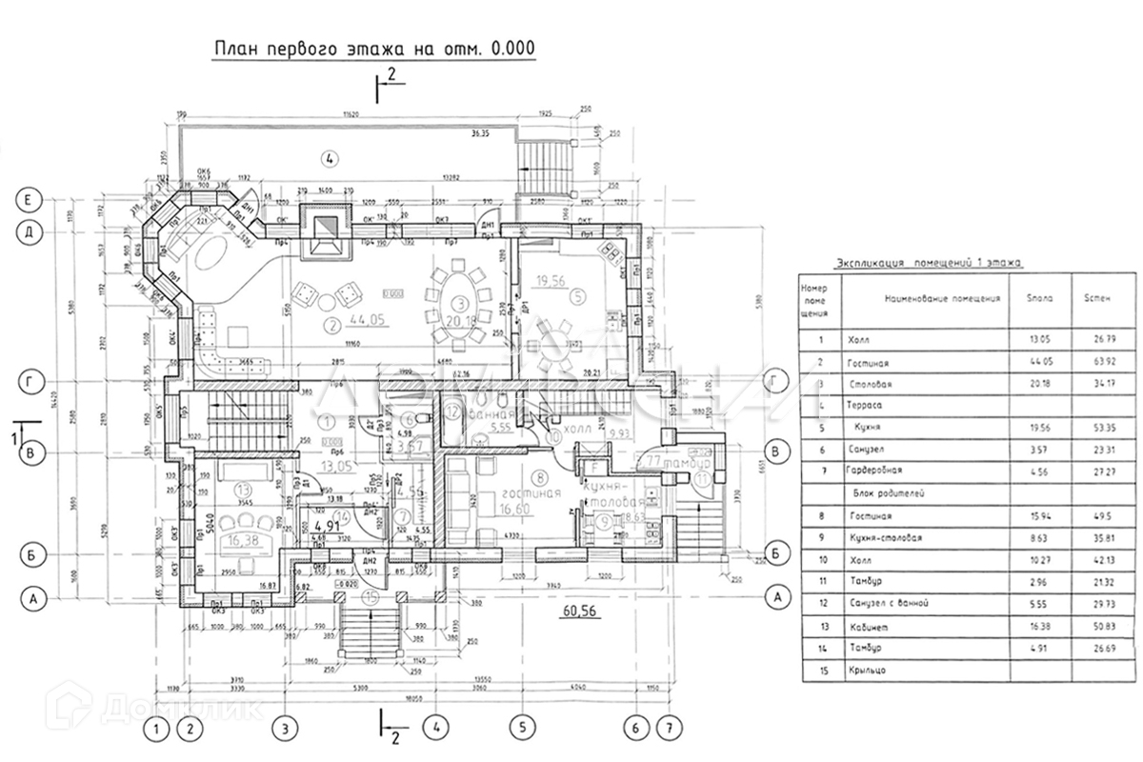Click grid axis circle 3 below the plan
click(282, 730)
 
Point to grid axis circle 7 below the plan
click(672, 730)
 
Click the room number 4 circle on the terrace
click(329, 158)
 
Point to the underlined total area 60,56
click(579, 611)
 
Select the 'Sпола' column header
click(1041, 298)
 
